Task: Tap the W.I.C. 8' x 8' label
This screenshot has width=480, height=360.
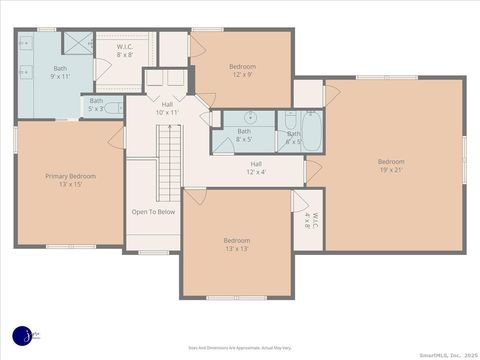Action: [125, 50]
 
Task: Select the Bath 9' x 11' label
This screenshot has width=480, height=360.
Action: [60, 72]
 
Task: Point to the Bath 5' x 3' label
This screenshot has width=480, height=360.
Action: [96, 104]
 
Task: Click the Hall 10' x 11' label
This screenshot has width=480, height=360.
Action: [167, 108]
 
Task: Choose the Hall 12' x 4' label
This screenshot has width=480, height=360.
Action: [256, 167]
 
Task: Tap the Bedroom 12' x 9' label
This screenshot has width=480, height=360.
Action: [242, 70]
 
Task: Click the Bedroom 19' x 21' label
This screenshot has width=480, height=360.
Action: [391, 165]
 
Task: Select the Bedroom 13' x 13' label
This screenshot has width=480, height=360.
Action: [237, 244]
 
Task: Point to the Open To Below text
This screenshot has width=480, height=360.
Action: [153, 212]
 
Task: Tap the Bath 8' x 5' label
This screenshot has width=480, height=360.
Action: [244, 135]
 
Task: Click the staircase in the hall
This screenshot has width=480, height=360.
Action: [170, 160]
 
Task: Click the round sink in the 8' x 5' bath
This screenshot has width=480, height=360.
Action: [251, 118]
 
